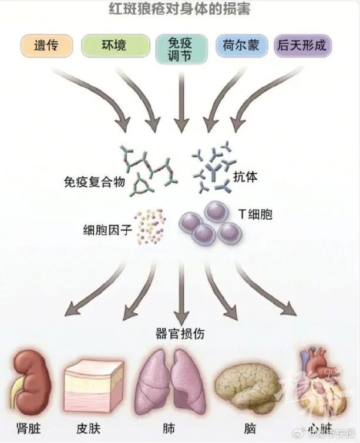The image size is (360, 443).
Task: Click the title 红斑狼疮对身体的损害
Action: coord(179,10)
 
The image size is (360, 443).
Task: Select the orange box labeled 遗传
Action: coord(46,45)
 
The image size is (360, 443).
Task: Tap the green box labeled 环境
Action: coord(112,45)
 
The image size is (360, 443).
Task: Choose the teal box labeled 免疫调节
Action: coord(180,49)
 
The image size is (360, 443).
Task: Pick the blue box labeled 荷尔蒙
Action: coord(241,45)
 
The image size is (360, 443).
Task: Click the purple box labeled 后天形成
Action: coord(302,45)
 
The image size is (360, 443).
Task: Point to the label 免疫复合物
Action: coord(94,182)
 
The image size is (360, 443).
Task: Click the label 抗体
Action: coord(246,176)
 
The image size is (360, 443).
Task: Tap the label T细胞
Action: coord(255,214)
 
